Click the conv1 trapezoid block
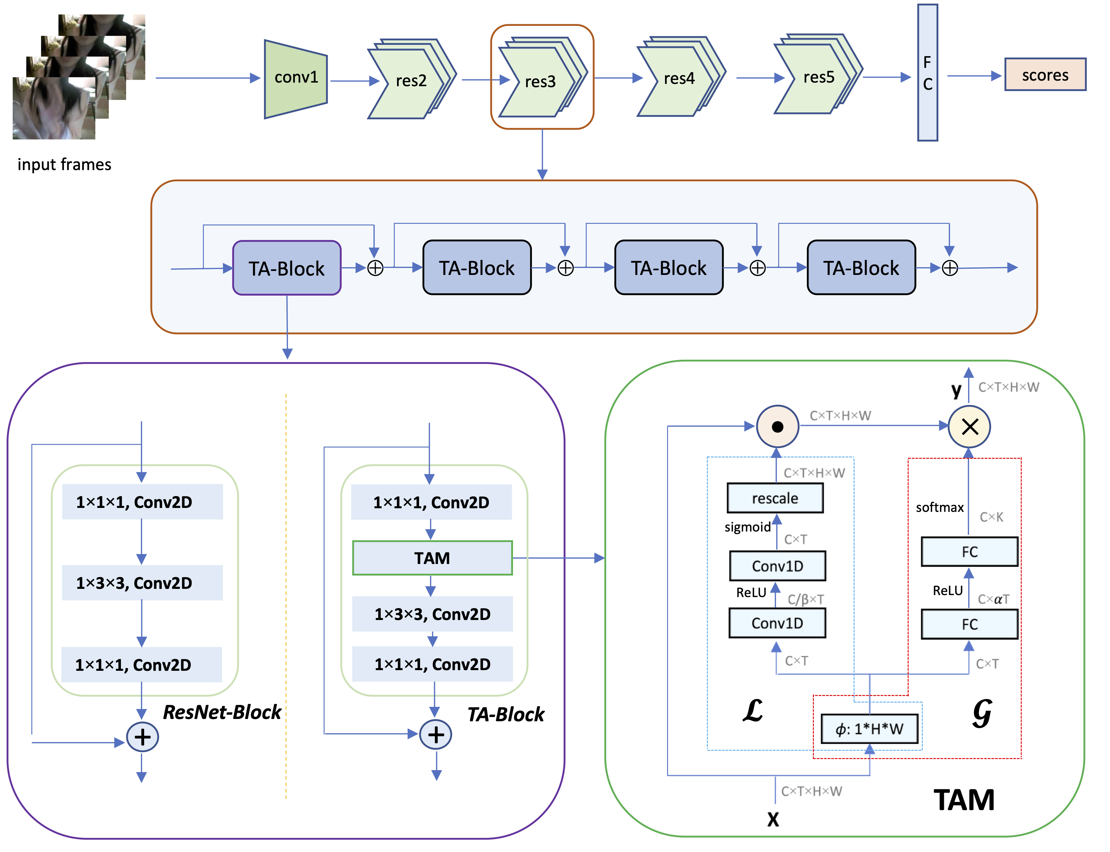tap(296, 79)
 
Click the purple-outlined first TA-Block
tap(286, 268)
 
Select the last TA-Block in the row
tap(861, 267)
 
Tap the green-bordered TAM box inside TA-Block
tap(432, 558)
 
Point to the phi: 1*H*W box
tap(869, 729)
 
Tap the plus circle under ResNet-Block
tap(142, 737)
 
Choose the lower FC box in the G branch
tap(969, 624)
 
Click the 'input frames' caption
tap(65, 164)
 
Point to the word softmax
tap(939, 507)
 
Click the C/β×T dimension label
tap(805, 599)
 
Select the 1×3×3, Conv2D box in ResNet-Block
tap(142, 583)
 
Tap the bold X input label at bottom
tap(773, 819)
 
